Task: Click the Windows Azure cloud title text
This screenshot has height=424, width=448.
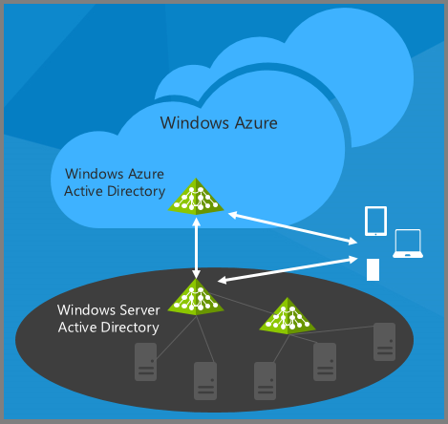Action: [219, 123]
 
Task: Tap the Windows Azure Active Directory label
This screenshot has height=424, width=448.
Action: [115, 182]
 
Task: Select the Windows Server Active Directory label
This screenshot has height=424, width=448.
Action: [109, 319]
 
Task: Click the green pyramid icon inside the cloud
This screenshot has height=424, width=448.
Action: [196, 196]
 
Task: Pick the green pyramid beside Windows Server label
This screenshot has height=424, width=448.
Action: [196, 297]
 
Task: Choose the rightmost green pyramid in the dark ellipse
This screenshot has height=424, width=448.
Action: [288, 316]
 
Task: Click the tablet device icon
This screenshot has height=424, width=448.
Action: [375, 221]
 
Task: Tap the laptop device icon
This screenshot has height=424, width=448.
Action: [408, 244]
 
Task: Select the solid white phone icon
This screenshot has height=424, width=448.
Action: [373, 269]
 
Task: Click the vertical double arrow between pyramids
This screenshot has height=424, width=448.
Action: [196, 248]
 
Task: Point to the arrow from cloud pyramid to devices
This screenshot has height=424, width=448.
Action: [293, 228]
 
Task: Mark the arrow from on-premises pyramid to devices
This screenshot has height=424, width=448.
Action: [288, 269]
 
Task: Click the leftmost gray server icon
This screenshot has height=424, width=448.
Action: [145, 362]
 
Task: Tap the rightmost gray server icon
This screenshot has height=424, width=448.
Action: [384, 342]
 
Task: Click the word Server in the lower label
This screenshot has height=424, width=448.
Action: [139, 310]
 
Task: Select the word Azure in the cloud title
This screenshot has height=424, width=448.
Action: [256, 123]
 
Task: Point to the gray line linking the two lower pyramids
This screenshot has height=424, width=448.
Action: [241, 303]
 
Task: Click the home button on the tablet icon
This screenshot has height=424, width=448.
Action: [375, 234]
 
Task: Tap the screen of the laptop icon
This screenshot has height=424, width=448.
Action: [408, 241]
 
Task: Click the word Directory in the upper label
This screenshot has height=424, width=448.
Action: [137, 192]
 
